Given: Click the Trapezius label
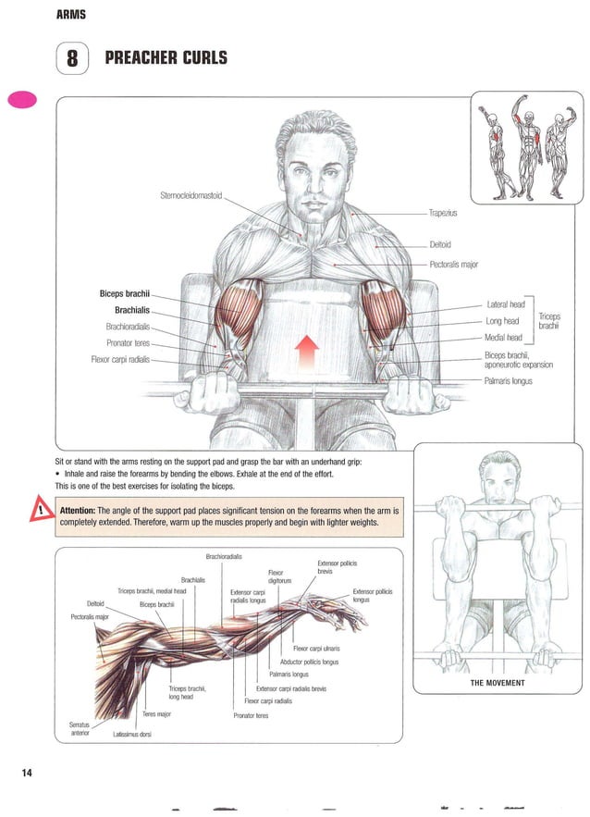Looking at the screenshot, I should coord(449,213).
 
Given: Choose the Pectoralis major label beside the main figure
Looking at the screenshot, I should coord(453,265).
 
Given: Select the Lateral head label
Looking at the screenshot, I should coord(505,304).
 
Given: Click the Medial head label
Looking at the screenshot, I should coord(503,338).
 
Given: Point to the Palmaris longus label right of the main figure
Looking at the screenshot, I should coord(508,380).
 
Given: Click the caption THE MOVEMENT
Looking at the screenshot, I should coord(498,683).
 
